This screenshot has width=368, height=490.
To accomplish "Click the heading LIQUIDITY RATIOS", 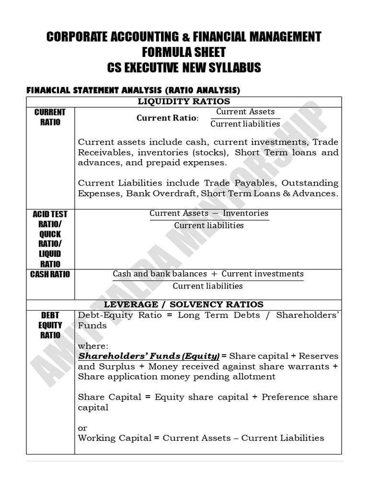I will click(x=184, y=101).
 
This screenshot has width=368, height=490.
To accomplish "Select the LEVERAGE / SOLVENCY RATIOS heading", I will click(x=184, y=304).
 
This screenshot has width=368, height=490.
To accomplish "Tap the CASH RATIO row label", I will click(x=50, y=274).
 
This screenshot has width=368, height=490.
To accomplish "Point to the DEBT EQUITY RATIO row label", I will click(x=50, y=325).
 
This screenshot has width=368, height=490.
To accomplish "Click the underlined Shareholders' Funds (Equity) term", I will click(x=149, y=356).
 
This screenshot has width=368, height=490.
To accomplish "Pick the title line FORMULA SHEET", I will click(x=184, y=52).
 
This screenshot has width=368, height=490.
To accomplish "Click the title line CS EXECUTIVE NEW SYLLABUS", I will click(x=184, y=67).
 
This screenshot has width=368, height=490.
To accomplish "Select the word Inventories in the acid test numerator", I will click(x=245, y=213).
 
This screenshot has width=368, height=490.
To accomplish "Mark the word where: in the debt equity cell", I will click(x=93, y=345).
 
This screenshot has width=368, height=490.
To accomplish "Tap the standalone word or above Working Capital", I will click(x=82, y=428).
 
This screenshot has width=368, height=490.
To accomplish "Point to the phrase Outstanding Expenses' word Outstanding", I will click(x=310, y=183).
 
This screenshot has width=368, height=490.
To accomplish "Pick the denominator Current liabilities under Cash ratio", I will click(x=207, y=286).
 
